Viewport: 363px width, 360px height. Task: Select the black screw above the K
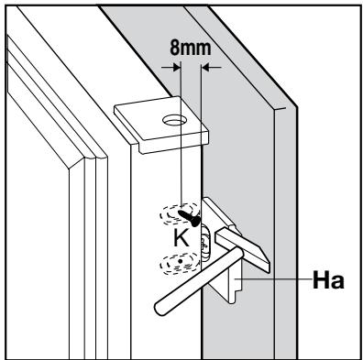(191, 216)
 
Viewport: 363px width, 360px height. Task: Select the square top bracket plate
(161, 122)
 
